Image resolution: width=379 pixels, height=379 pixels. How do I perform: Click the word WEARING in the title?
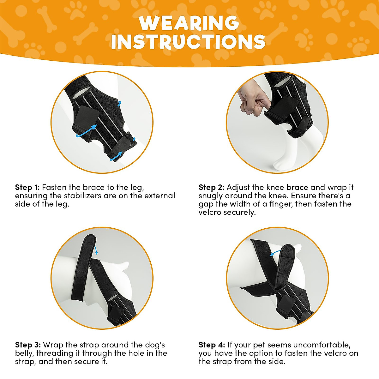coord(189,23)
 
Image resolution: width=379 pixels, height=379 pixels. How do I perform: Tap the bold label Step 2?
coord(211,187)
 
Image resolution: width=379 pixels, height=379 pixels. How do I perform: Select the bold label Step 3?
coord(28,345)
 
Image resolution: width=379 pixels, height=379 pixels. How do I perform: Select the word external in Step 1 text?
coord(159,196)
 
